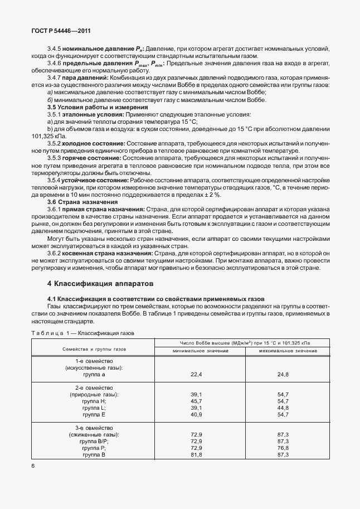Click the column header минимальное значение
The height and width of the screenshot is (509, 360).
click(201, 350)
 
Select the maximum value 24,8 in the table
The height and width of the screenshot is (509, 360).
click(283, 375)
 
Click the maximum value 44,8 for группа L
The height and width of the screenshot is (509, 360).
click(283, 408)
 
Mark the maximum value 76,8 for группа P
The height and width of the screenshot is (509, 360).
click(283, 448)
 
